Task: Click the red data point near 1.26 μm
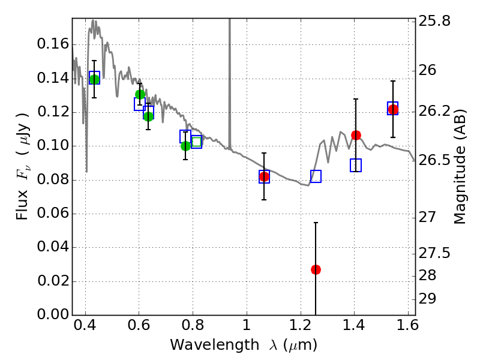316,269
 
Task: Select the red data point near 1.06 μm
264,176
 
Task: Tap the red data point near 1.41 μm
356,135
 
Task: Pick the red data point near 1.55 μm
393,109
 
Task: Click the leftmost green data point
94,79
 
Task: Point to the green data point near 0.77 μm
185,146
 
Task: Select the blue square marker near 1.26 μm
316,176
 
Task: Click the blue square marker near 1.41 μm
356,166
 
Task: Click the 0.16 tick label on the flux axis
52,44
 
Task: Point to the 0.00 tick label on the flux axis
52,315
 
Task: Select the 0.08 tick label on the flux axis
52,180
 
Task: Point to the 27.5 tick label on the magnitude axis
436,253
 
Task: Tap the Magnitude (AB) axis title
460,166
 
